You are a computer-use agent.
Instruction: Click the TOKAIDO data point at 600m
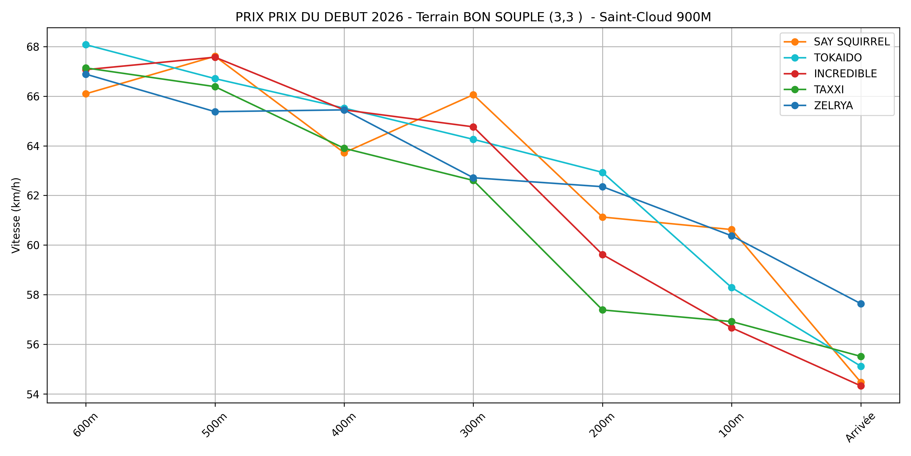tap(86, 45)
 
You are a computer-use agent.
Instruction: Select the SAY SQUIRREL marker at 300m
tap(473, 95)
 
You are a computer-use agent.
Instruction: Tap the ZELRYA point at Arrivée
tap(861, 304)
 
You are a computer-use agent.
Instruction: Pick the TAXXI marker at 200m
tap(603, 310)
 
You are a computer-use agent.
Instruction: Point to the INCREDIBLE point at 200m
tap(603, 255)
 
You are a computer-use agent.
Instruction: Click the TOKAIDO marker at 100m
tap(732, 288)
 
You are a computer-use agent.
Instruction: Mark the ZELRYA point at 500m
tap(215, 112)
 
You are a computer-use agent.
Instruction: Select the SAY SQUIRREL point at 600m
tap(86, 94)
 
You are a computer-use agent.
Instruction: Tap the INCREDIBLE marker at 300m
tap(473, 127)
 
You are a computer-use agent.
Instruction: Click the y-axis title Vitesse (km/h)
tap(16, 215)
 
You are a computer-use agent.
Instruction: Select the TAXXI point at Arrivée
tap(861, 356)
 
